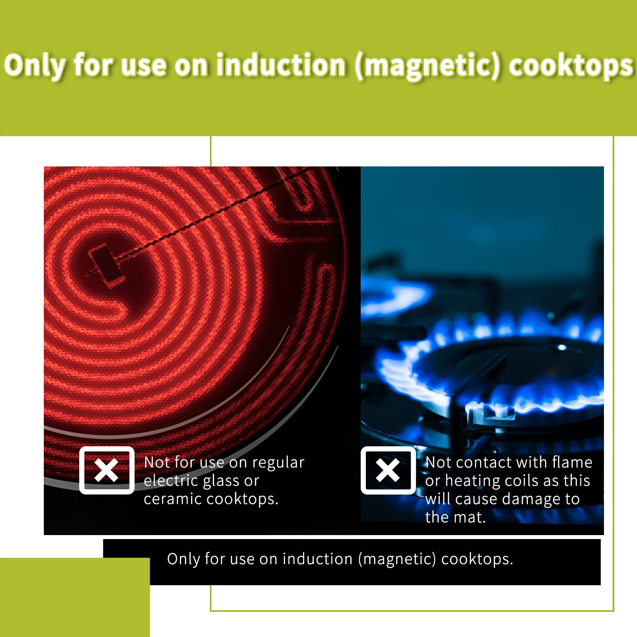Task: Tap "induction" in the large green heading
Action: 281,65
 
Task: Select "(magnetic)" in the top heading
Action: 428,66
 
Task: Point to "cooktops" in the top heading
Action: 571,66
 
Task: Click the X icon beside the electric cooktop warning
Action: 107,470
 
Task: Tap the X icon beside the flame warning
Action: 388,470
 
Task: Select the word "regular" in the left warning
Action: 278,463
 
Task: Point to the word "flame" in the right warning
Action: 572,462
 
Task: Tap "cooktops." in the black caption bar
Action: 477,559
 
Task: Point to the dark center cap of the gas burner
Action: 514,364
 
